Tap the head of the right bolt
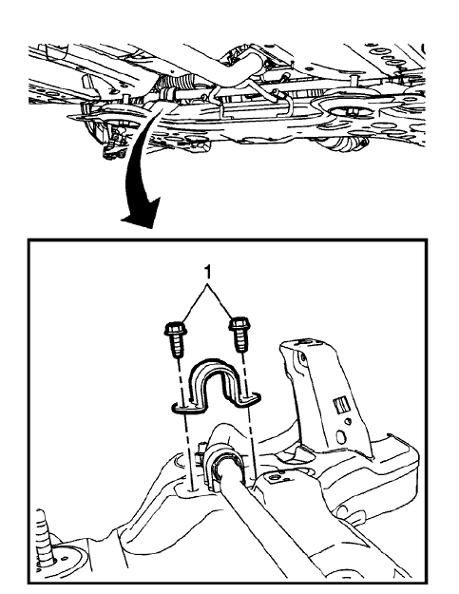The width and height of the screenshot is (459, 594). point(238,332)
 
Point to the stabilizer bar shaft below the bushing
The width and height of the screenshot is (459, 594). point(276,532)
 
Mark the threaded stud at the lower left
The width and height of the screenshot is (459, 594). point(42,532)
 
